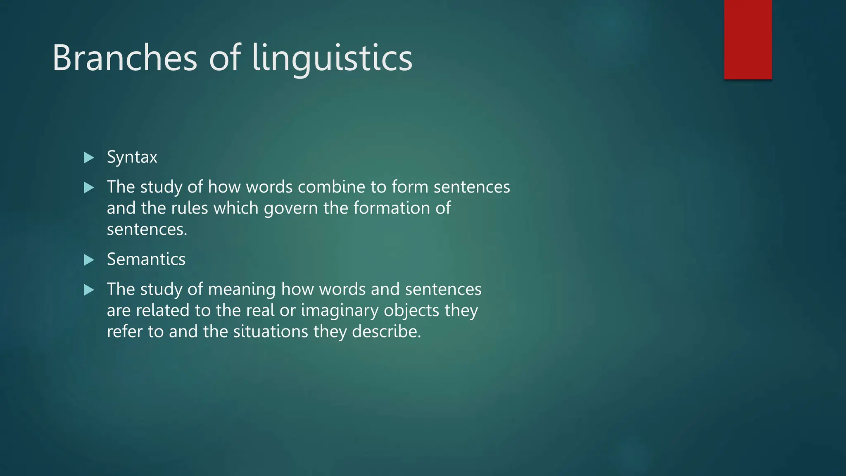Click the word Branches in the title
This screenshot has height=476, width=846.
point(125,58)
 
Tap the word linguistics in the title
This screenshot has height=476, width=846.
point(332,59)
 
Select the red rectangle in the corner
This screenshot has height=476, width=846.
point(748,39)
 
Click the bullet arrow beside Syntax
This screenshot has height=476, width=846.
point(89,157)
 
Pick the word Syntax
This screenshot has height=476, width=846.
point(132,157)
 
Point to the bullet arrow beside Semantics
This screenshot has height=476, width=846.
point(89,260)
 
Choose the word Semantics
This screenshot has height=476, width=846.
point(146,259)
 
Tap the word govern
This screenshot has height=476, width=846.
point(291,208)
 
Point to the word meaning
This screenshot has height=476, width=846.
point(242,290)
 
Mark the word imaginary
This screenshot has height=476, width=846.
point(340,311)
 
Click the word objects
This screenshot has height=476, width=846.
point(411,311)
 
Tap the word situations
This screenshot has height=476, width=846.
point(271,331)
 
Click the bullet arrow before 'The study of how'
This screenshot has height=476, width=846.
point(89,188)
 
